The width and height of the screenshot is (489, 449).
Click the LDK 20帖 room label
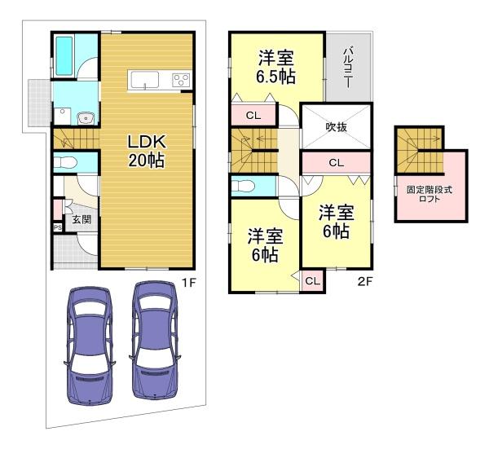[147, 152]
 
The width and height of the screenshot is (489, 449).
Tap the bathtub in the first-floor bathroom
[64, 56]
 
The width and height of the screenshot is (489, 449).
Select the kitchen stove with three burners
[181, 80]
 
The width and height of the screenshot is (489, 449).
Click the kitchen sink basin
[145, 80]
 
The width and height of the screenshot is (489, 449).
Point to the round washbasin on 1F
[84, 118]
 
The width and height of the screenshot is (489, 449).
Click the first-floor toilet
[65, 162]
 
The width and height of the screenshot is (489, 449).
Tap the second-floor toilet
[243, 187]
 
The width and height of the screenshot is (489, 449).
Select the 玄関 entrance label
[81, 219]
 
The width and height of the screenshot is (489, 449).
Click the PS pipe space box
[58, 227]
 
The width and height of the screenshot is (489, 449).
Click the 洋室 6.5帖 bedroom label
[276, 67]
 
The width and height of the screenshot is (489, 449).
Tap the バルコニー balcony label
[348, 67]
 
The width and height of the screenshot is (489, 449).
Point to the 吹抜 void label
[336, 127]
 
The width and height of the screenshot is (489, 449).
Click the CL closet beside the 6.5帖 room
[253, 116]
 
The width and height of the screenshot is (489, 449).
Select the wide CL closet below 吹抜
[337, 163]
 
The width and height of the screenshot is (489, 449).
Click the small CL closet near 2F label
[312, 281]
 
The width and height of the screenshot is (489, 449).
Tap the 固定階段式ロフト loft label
[430, 194]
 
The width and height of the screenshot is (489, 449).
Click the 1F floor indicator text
[189, 283]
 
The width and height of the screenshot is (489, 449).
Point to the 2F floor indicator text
[365, 282]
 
